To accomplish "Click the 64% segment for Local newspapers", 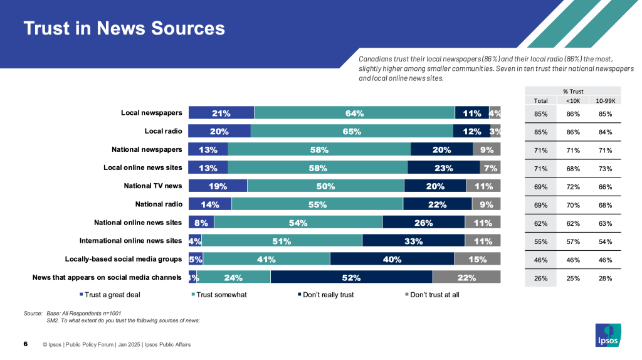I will pyautogui.click(x=354, y=113).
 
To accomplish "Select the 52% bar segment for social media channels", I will pyautogui.click(x=351, y=277).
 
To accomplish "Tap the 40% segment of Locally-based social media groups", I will pyautogui.click(x=392, y=259).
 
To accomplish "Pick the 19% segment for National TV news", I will pyautogui.click(x=218, y=186).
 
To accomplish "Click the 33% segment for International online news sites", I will pyautogui.click(x=413, y=241).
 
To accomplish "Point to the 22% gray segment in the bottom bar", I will pyautogui.click(x=466, y=277).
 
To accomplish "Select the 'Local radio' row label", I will pyautogui.click(x=163, y=131).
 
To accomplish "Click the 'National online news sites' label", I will pyautogui.click(x=138, y=222).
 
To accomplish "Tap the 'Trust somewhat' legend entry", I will pyautogui.click(x=219, y=295).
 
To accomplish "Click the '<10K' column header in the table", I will pyautogui.click(x=572, y=100).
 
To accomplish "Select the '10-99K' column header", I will pyautogui.click(x=605, y=100).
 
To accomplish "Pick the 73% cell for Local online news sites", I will pyautogui.click(x=605, y=168).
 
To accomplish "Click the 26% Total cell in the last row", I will pyautogui.click(x=541, y=278).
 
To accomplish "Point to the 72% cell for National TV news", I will pyautogui.click(x=572, y=186).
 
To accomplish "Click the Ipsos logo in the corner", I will pyautogui.click(x=608, y=334).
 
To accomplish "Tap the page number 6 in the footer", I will pyautogui.click(x=25, y=344).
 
